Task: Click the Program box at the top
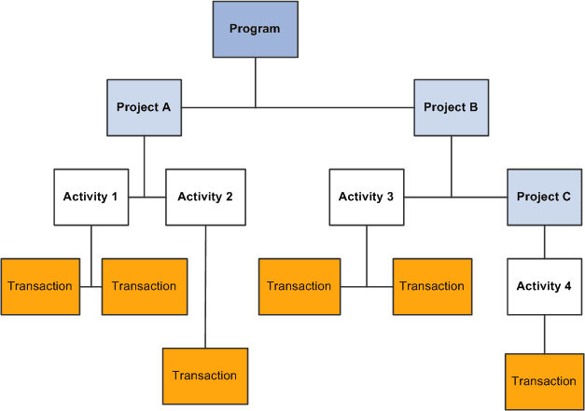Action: click(255, 29)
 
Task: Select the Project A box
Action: click(144, 107)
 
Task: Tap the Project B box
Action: click(451, 107)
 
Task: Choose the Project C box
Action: click(544, 197)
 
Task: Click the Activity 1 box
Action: click(91, 197)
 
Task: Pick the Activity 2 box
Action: click(205, 197)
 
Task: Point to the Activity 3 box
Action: click(366, 197)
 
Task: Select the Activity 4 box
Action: click(544, 286)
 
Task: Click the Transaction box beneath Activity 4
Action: click(544, 381)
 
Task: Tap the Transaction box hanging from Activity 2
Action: click(205, 376)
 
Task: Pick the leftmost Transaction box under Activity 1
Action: click(39, 285)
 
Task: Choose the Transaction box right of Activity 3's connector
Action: click(432, 285)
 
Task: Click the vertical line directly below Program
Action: click(255, 82)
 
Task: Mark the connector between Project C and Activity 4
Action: click(544, 241)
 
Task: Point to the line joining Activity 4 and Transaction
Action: click(544, 334)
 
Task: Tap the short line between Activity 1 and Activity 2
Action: click(146, 197)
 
